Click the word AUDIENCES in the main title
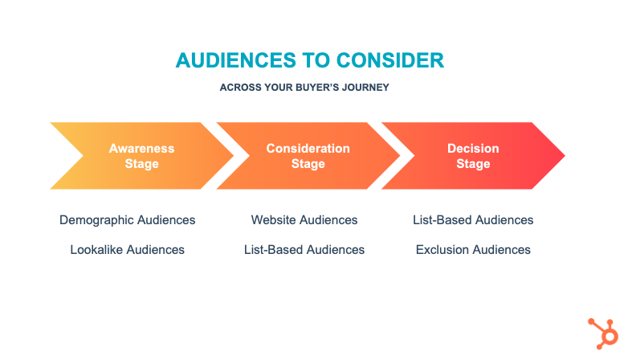pyautogui.click(x=236, y=60)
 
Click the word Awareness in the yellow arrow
pyautogui.click(x=142, y=149)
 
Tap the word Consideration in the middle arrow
pyautogui.click(x=308, y=149)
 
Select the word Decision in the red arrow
pyautogui.click(x=473, y=149)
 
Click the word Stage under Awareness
pyautogui.click(x=142, y=164)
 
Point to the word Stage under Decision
pyautogui.click(x=473, y=164)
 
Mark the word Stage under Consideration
pyautogui.click(x=308, y=164)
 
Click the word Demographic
pyautogui.click(x=96, y=220)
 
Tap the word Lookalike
pyautogui.click(x=96, y=250)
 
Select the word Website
pyautogui.click(x=274, y=220)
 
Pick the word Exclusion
pyautogui.click(x=442, y=250)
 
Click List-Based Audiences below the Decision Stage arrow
pyautogui.click(x=473, y=220)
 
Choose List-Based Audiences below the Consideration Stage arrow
pyautogui.click(x=304, y=250)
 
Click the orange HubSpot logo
pyautogui.click(x=604, y=333)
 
